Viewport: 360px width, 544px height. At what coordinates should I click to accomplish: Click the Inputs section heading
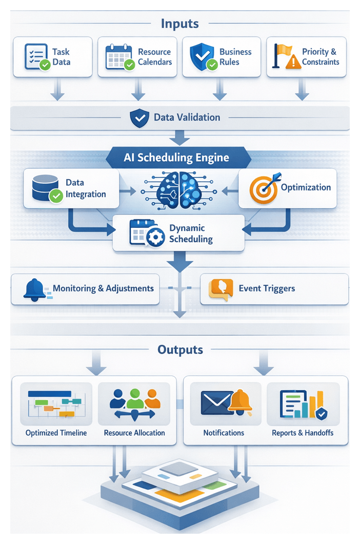[x=179, y=23]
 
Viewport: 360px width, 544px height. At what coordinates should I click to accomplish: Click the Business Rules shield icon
[x=202, y=57]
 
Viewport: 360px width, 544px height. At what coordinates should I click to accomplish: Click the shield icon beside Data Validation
[x=139, y=118]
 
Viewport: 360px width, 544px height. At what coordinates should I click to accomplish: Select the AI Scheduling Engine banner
[x=176, y=158]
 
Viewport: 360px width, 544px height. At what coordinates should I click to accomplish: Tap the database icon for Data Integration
[x=46, y=188]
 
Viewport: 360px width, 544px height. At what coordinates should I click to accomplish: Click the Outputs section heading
[x=180, y=350]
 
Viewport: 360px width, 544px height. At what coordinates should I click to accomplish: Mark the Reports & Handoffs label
[x=303, y=433]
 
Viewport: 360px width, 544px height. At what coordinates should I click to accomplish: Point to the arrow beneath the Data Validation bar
[x=179, y=138]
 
